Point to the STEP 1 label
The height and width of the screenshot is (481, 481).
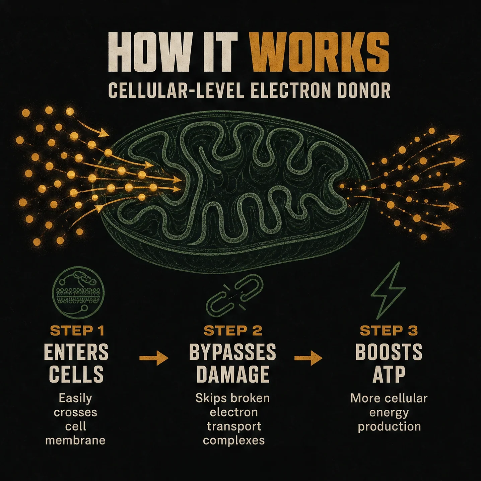(x=77, y=331)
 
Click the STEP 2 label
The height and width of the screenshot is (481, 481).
(x=233, y=331)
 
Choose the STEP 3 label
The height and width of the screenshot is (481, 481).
(x=389, y=331)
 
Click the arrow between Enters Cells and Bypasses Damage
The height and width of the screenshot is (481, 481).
(x=154, y=358)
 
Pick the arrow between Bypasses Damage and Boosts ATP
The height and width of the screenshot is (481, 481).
(x=308, y=358)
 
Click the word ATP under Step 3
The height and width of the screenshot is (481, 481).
(x=389, y=374)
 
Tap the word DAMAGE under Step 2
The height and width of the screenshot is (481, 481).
(x=233, y=374)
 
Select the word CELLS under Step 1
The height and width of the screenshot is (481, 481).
(x=76, y=374)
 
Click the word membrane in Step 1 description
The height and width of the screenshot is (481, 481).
(x=75, y=440)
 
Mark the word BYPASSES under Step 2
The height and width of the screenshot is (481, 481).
(x=233, y=352)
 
